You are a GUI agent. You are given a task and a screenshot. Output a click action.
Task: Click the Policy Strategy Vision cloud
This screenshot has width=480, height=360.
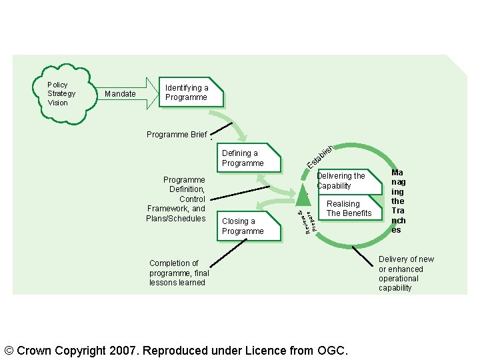[x=62, y=94]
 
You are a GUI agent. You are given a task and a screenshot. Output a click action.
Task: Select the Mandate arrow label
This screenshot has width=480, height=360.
[x=120, y=94]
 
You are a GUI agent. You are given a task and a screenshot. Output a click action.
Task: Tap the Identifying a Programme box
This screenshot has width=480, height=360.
[x=190, y=93]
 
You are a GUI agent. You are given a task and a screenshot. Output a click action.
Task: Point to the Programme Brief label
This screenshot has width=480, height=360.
[x=177, y=135]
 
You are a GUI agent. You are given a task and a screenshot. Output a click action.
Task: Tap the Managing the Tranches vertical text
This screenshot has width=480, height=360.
[x=398, y=201]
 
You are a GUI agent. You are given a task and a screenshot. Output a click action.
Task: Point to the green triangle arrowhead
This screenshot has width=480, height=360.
[x=303, y=194]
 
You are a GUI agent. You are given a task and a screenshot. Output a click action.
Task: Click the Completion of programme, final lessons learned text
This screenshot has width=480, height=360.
[x=179, y=273]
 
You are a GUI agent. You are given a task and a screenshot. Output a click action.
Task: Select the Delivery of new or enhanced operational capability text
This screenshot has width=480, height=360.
[x=405, y=273]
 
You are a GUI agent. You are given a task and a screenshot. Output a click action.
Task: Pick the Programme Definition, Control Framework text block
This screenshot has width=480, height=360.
[x=177, y=199]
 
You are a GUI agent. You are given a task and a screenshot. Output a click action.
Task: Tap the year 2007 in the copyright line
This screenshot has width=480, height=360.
[x=125, y=350]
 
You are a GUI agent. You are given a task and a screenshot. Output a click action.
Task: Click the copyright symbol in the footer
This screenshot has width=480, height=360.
[x=9, y=350]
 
